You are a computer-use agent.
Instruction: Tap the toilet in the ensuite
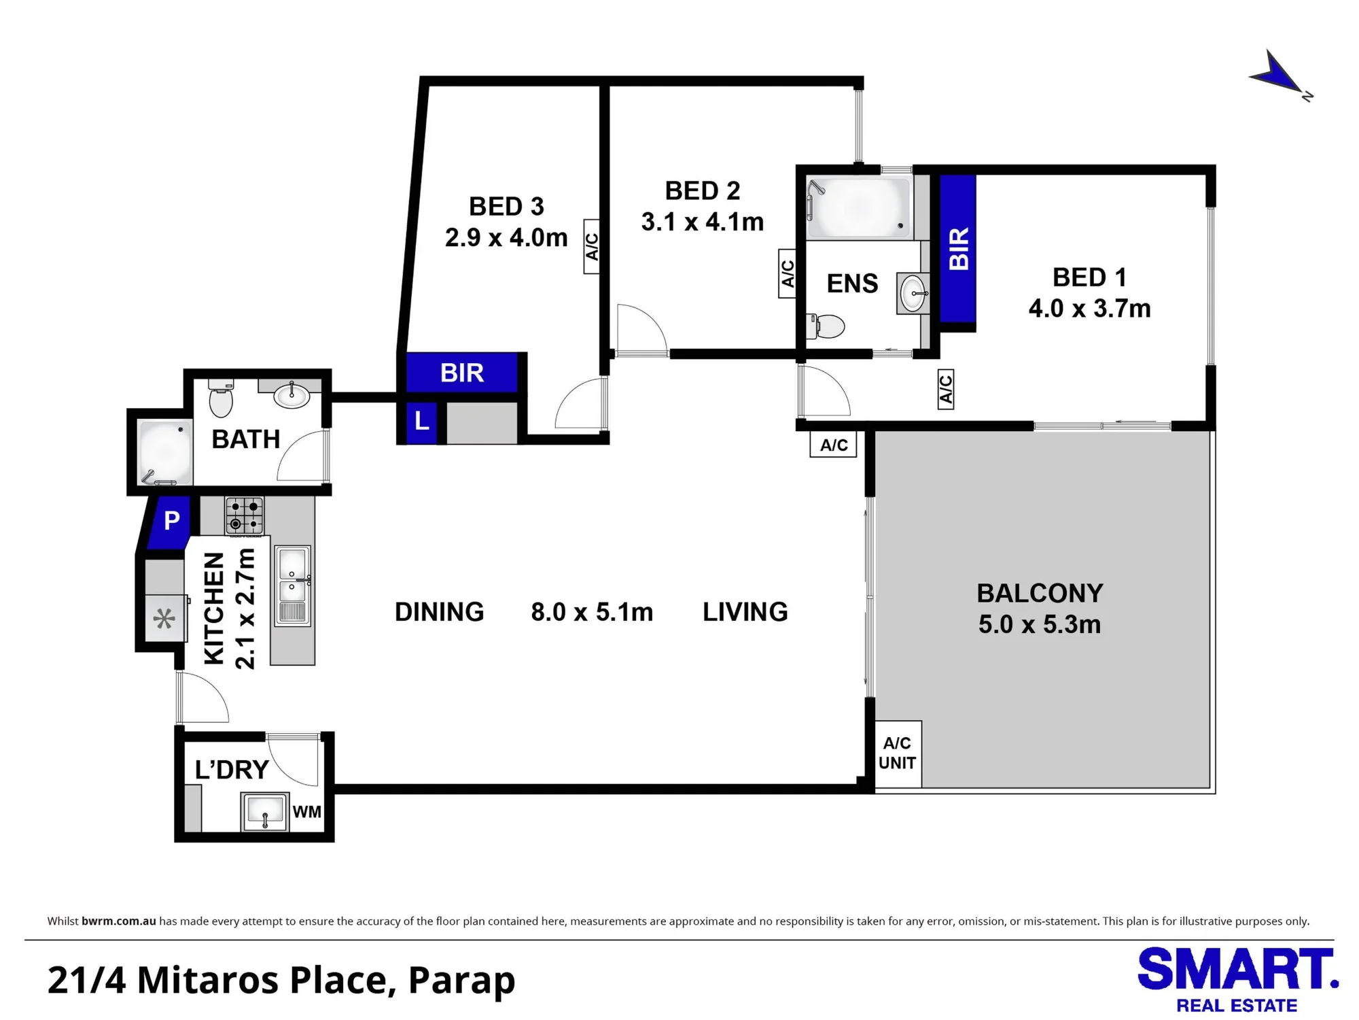click(x=825, y=326)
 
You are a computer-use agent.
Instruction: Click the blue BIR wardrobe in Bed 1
click(x=958, y=249)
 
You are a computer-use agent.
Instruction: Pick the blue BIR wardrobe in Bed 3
click(x=462, y=373)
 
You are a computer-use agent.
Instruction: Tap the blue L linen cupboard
click(x=421, y=422)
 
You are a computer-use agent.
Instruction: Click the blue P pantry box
click(x=169, y=522)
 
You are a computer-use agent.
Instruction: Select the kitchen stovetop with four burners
click(x=245, y=515)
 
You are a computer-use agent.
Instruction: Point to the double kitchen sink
click(x=293, y=586)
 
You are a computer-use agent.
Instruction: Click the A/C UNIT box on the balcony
click(x=898, y=753)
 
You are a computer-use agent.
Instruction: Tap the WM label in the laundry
click(x=306, y=811)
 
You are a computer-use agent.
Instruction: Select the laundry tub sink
click(x=265, y=811)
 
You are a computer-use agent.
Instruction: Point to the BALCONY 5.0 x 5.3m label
click(x=1040, y=609)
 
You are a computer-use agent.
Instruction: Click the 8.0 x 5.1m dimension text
click(x=592, y=612)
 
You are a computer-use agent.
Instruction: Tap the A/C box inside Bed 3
click(x=592, y=246)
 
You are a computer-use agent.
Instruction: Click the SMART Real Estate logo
click(x=1237, y=980)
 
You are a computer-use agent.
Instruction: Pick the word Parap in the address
click(x=462, y=981)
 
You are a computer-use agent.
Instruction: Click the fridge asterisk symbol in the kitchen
click(x=164, y=619)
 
